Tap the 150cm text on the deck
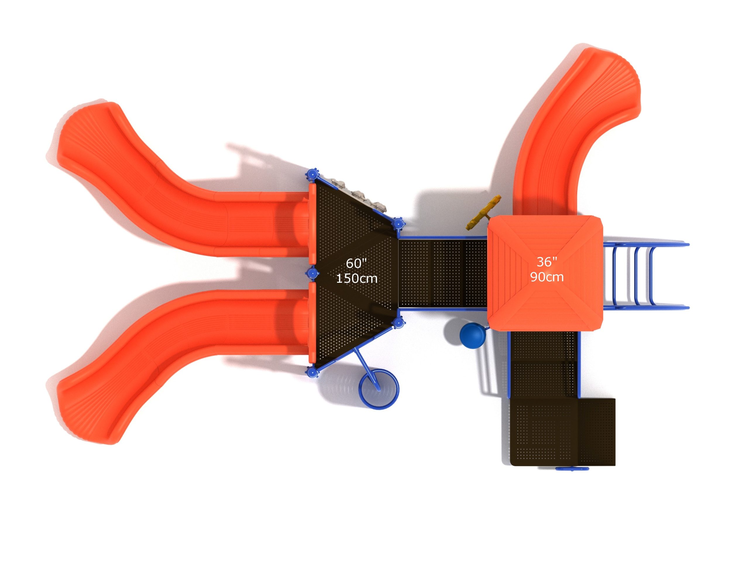tap(357, 278)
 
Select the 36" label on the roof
tap(547, 261)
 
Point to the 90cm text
tap(547, 277)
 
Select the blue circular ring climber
tap(379, 389)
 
